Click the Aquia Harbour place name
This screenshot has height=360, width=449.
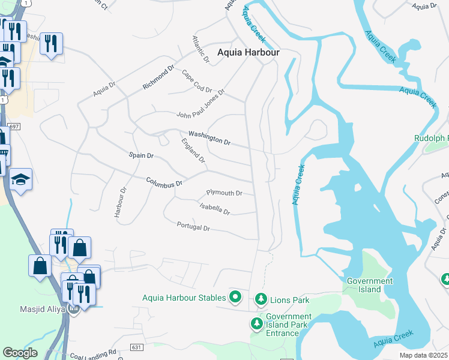click(248, 53)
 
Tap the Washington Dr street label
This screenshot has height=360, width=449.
click(209, 138)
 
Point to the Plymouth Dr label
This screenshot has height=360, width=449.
click(224, 193)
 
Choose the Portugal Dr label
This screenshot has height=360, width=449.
click(193, 227)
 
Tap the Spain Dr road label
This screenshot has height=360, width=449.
click(142, 155)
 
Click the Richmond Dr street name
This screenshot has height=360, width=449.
click(158, 77)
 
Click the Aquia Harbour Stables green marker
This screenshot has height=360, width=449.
click(236, 297)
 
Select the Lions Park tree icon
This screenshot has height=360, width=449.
click(261, 298)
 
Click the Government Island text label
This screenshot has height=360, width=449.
click(370, 285)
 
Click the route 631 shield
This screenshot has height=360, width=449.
click(136, 347)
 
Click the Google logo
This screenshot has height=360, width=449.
click(20, 352)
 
